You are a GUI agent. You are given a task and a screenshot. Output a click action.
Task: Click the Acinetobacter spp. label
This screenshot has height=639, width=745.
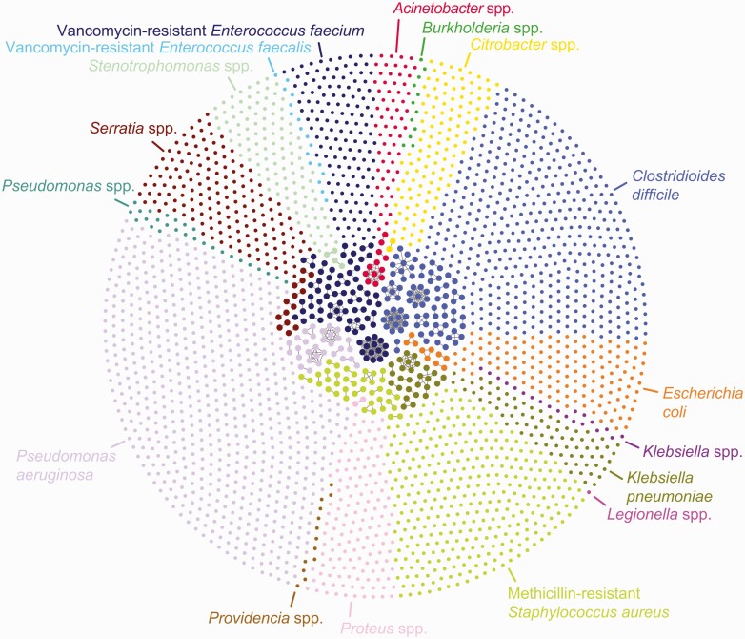point(453,8)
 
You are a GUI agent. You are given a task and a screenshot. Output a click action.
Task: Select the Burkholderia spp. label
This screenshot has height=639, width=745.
point(482,28)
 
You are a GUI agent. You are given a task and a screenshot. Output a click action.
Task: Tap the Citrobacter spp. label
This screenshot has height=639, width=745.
point(525,45)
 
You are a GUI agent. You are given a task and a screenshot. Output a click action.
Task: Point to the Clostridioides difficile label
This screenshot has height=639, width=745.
point(678,185)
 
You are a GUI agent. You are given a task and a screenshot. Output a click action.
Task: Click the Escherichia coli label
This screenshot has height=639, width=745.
point(703,402)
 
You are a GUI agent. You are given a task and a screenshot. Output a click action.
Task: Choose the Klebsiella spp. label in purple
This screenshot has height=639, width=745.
point(693,451)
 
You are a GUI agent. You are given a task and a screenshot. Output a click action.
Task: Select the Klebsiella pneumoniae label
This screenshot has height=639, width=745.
point(669,486)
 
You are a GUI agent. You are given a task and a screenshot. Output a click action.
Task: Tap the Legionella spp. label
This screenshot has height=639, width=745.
point(659,514)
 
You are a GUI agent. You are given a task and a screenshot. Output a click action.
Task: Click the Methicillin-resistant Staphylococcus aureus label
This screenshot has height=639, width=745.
point(588,603)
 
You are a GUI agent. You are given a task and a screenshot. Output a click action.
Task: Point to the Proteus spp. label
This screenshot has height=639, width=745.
point(383,629)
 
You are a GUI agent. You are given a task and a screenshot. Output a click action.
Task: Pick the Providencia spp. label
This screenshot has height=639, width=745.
point(266,618)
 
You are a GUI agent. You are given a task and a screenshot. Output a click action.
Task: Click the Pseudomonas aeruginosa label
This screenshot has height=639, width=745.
point(66,465)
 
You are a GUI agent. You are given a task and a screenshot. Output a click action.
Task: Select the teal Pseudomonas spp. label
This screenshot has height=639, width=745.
point(69,186)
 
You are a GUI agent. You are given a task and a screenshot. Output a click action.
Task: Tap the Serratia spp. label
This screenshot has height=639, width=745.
point(133,128)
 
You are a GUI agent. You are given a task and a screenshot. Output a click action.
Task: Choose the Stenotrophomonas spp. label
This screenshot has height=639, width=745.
point(171,66)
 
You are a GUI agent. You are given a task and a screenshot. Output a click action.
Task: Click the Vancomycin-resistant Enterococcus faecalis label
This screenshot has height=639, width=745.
point(158,48)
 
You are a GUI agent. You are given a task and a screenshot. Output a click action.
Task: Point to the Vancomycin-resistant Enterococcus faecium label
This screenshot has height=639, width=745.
point(211,31)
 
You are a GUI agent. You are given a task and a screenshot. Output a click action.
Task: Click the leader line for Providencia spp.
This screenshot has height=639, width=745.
point(293,598)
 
